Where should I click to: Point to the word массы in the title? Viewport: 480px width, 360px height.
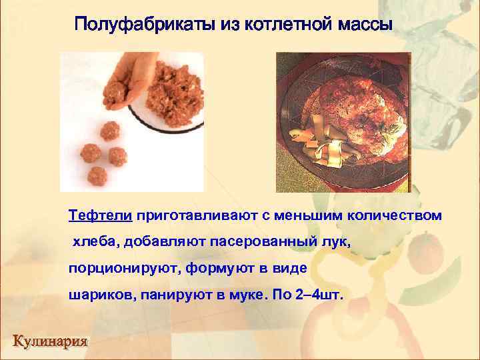pyautogui.click(x=363, y=25)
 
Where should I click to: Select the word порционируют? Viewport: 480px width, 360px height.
pyautogui.click(x=123, y=267)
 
